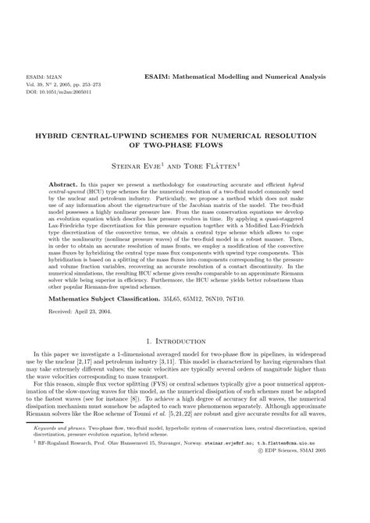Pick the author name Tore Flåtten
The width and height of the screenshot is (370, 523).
221,165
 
